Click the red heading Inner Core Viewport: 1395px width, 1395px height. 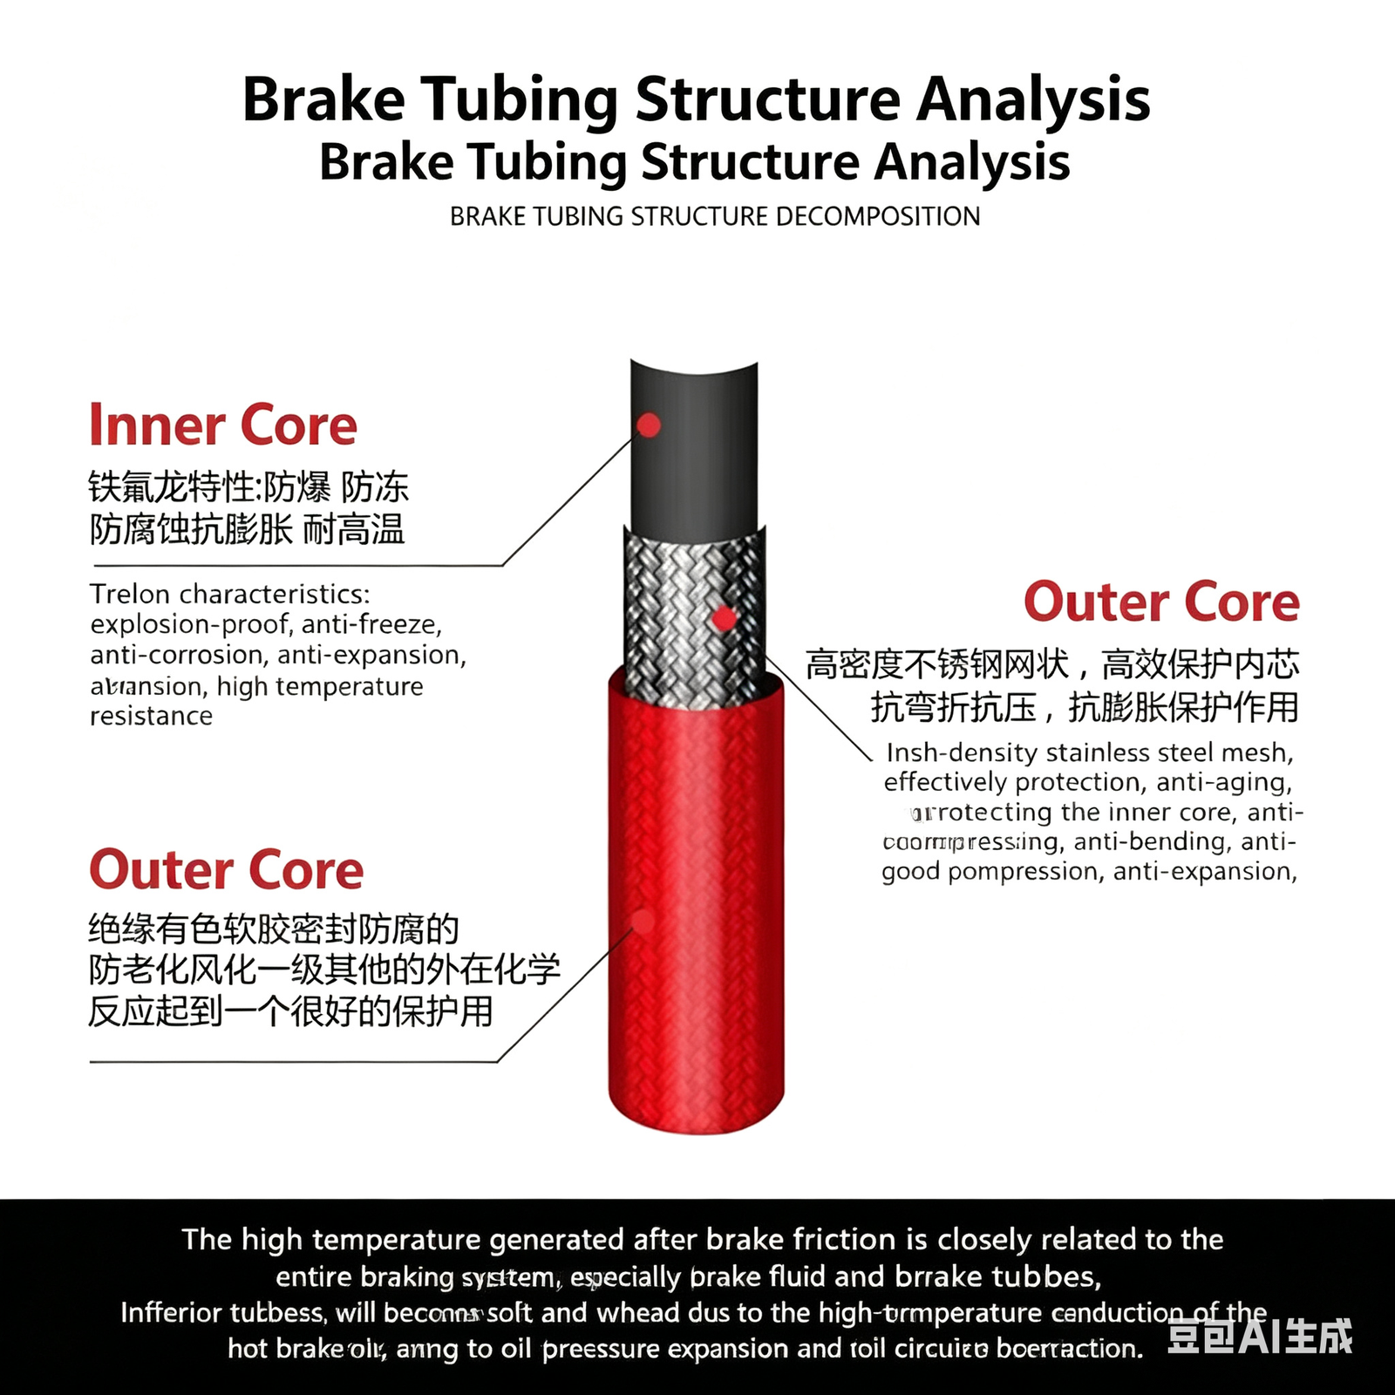[x=223, y=425]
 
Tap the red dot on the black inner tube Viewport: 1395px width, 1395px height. [x=649, y=425]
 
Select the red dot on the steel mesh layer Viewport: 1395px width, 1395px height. [x=724, y=620]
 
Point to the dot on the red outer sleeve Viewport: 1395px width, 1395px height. [x=643, y=921]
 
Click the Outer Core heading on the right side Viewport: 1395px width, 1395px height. [x=1161, y=602]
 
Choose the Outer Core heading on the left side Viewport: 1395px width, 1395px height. [x=227, y=870]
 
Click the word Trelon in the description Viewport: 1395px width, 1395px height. [x=130, y=595]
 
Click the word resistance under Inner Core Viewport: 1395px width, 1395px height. [x=152, y=717]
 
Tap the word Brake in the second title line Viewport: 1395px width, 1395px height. [x=386, y=162]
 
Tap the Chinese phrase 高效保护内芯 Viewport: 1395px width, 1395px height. [x=1201, y=664]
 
